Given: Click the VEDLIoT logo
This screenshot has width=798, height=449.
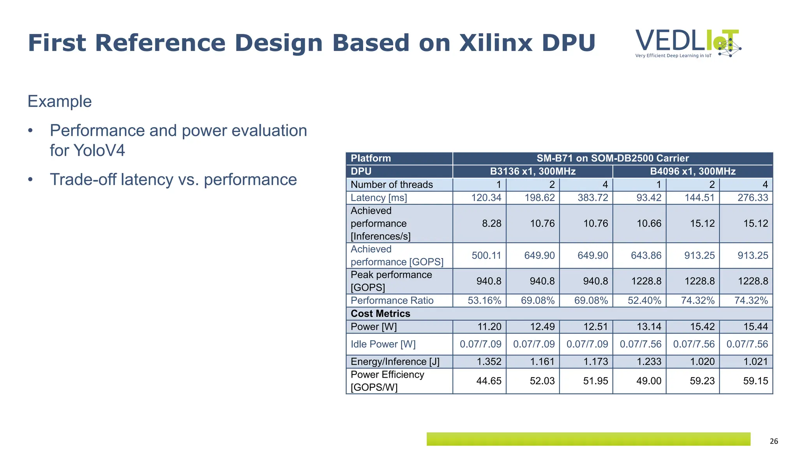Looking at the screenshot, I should (688, 43).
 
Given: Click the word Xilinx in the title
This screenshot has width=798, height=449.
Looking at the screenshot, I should (495, 43).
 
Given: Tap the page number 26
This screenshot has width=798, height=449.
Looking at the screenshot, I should (773, 441).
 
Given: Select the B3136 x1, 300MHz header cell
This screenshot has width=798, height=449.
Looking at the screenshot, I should (533, 171).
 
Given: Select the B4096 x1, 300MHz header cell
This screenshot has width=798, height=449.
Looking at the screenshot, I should (692, 171).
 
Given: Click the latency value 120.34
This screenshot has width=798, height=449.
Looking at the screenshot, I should (486, 198).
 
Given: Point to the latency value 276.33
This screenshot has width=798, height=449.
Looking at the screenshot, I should (752, 198).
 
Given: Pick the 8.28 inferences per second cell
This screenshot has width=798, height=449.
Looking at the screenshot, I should (491, 223).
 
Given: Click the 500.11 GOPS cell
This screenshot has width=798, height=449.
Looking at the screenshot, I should (486, 255).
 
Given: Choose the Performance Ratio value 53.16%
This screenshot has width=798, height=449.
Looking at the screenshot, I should (484, 301).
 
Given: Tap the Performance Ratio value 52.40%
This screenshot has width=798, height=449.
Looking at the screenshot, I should (644, 301).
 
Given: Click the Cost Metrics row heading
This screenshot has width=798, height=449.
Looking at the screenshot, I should (380, 314).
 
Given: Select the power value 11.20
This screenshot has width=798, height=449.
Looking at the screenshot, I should (489, 327).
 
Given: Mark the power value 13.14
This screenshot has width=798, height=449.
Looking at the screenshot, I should (649, 327).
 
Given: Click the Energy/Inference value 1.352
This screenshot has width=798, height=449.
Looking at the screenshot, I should (489, 362).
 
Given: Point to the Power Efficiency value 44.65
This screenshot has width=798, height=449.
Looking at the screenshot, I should (489, 381).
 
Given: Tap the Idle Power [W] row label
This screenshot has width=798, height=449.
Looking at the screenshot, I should (383, 344).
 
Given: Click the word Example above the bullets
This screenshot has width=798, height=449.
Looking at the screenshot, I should (60, 101).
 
